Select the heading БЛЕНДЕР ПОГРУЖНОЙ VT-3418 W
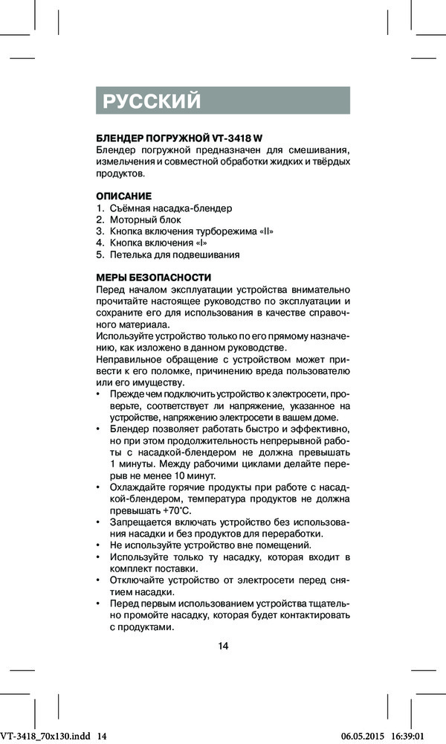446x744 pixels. click(179, 139)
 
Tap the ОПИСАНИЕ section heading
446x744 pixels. click(124, 196)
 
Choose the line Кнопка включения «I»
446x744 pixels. click(158, 243)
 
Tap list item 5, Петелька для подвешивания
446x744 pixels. click(175, 254)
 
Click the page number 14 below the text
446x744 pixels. click(223, 645)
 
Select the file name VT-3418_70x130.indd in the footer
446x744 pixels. click(46, 736)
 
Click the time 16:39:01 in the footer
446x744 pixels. click(422, 736)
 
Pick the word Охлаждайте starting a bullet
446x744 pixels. click(138, 487)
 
